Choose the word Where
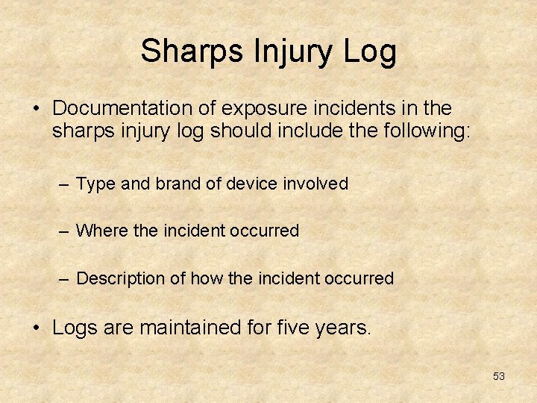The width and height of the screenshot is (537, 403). (x=102, y=231)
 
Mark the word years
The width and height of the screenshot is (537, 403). (x=345, y=328)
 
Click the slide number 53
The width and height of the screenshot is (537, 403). (x=499, y=376)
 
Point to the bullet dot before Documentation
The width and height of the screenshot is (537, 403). (x=36, y=109)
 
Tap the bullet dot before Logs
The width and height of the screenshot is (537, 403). (x=36, y=328)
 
